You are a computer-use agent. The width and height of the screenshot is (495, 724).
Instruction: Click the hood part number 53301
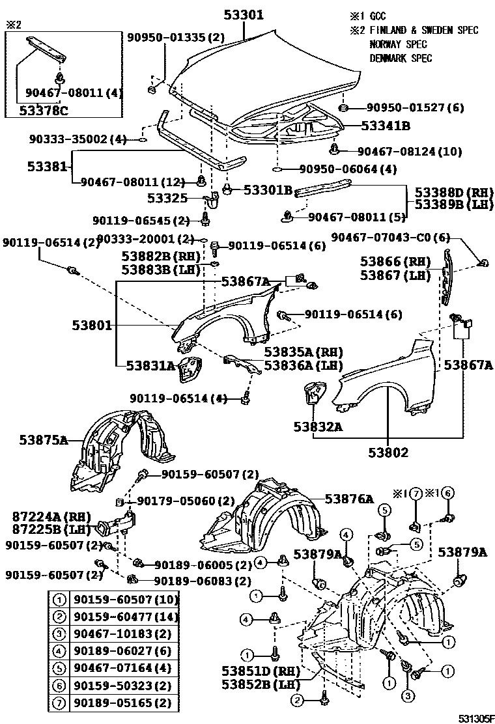pos(244,14)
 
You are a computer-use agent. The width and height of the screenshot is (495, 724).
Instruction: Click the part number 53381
pos(47,167)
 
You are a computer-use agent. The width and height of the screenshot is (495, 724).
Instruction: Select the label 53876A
pos(349,499)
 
